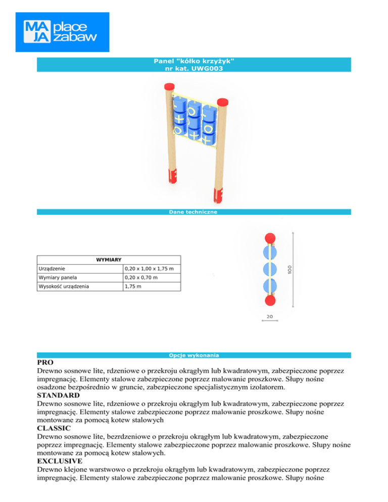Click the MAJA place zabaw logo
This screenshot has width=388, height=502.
(x=62, y=31)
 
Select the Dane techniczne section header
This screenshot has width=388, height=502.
(x=193, y=212)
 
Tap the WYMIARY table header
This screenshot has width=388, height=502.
(x=109, y=260)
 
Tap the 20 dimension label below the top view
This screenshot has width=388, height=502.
(x=270, y=316)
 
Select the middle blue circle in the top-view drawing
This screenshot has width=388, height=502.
(x=271, y=269)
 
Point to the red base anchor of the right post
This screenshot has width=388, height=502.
(x=219, y=194)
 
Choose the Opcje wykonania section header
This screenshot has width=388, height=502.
(x=193, y=355)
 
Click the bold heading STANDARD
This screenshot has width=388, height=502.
(x=59, y=394)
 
